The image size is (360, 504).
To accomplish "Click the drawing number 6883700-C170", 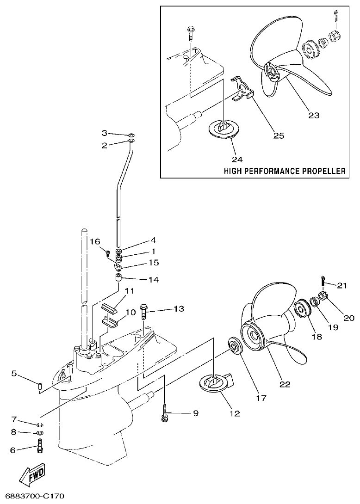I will point(32,497).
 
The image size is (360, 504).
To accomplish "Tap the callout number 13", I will point(179,308).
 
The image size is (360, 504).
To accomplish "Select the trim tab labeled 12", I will point(216,383).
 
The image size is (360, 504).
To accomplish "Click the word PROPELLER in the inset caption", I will point(323,171).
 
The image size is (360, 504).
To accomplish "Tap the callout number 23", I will point(314,115).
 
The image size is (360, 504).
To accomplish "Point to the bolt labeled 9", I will point(164,412).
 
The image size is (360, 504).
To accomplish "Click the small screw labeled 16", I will point(108,252).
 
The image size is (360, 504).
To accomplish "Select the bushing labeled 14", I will point(118,279).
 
